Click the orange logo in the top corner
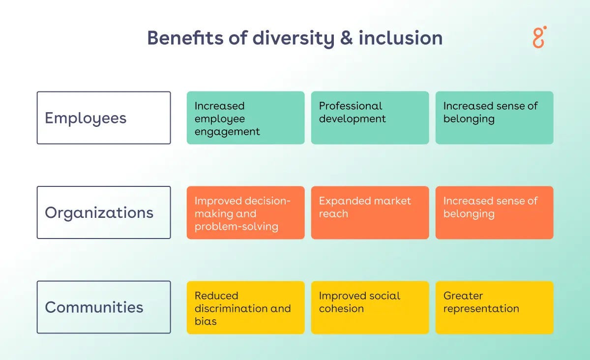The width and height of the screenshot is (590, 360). (539, 37)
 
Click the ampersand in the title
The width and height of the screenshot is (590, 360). (346, 38)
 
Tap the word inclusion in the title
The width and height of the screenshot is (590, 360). (400, 38)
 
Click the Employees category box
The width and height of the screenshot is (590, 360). (104, 118)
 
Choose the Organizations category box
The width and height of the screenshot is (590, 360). (104, 212)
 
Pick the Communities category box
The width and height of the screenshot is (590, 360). (104, 307)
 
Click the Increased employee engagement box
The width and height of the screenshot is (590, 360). (245, 118)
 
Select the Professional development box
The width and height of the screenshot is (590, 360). (370, 118)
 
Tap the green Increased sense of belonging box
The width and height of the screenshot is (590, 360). (494, 118)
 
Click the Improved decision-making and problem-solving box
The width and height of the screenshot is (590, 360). (245, 212)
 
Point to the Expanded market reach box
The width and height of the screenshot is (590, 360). (370, 212)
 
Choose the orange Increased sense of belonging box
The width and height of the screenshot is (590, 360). (494, 212)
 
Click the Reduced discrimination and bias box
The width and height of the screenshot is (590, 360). (245, 307)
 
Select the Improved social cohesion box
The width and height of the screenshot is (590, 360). (370, 307)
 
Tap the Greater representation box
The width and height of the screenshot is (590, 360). (494, 307)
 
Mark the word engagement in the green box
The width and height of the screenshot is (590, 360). (227, 132)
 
